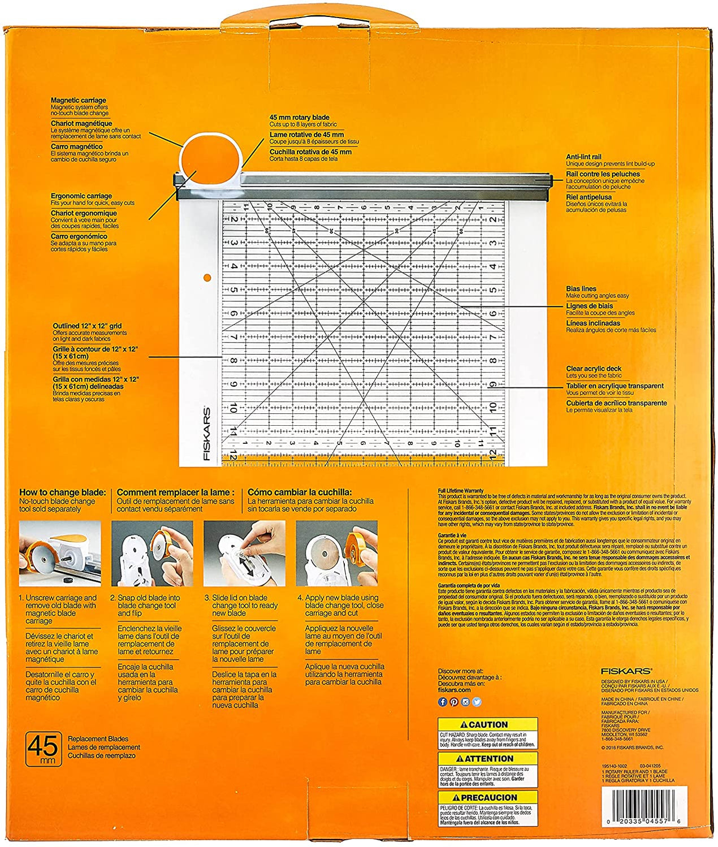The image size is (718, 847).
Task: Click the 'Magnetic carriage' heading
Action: point(78,100)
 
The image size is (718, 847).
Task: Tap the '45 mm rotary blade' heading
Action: point(299,118)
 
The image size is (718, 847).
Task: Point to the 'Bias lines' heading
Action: point(581,289)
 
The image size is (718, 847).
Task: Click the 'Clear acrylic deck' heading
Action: point(594,369)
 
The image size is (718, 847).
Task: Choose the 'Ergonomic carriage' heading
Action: point(81,196)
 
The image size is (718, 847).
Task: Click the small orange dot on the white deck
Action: point(207,277)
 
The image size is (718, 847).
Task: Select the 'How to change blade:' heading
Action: point(62,492)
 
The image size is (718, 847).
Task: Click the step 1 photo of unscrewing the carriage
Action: point(60,554)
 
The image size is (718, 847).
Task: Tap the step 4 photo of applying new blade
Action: point(336,554)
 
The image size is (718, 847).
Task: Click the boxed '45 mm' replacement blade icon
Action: point(43,749)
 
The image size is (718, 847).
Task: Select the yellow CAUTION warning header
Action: point(487,725)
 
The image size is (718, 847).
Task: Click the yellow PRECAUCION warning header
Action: point(487,797)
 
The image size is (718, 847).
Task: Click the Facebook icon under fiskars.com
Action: point(443,702)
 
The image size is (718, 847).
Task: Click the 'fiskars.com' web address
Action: point(454,690)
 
